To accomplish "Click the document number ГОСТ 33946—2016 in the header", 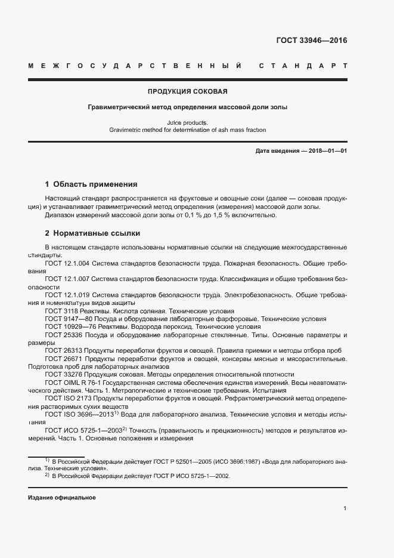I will coord(311,41).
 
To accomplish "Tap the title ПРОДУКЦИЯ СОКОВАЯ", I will coord(187,92).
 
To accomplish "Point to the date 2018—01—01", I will coord(328,151).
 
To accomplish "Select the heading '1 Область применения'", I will coord(91,184).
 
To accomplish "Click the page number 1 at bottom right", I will coord(345,508).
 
